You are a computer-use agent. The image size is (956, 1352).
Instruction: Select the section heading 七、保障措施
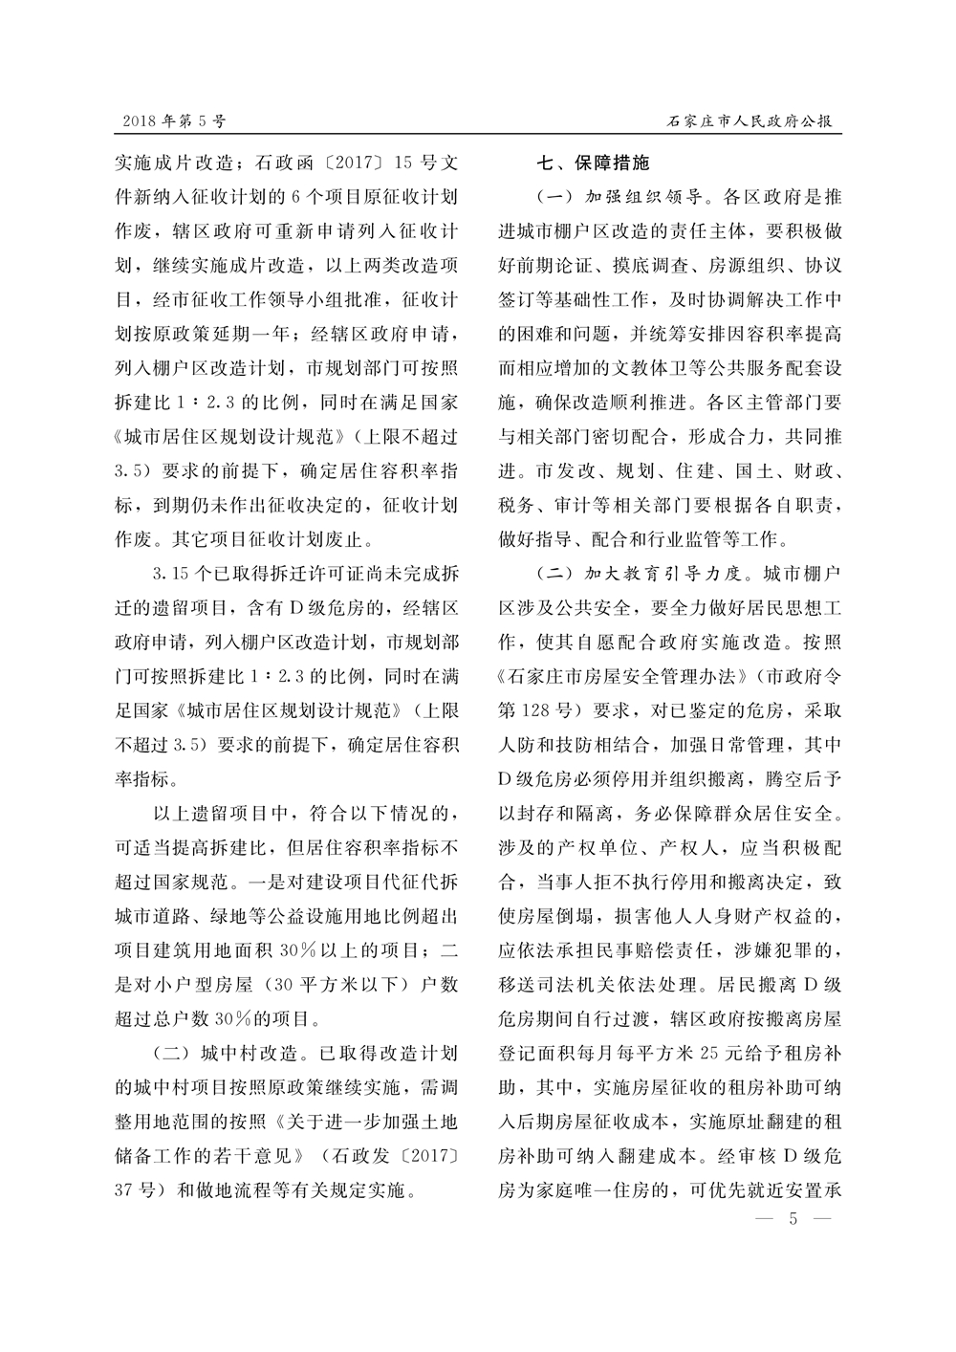(593, 164)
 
